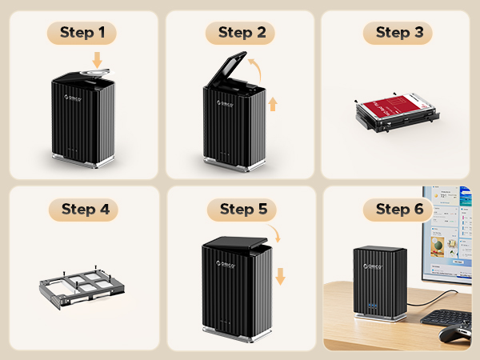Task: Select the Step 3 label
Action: tap(398, 33)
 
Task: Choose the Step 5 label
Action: tap(242, 210)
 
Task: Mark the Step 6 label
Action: tap(398, 210)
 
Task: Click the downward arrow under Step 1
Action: tap(98, 60)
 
